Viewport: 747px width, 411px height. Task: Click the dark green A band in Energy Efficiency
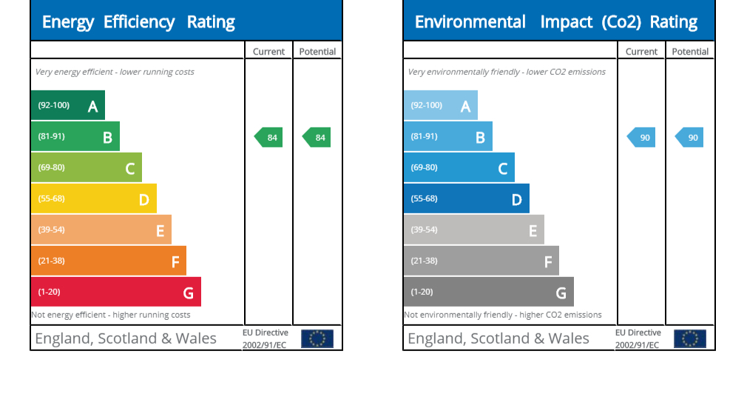[67, 105]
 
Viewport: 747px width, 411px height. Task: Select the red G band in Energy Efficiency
[115, 292]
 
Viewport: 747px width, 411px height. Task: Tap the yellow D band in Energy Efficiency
[93, 198]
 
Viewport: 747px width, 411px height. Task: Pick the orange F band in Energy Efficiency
[108, 261]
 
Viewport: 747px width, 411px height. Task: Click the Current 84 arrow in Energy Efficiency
[269, 137]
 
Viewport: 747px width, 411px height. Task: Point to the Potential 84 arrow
[317, 137]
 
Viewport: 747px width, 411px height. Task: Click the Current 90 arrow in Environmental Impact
[642, 137]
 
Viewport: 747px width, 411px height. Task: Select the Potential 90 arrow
[690, 137]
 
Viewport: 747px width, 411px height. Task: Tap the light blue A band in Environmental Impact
[440, 105]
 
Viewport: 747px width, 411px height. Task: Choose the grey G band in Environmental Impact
[488, 292]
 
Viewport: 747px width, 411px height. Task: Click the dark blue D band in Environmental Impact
[466, 198]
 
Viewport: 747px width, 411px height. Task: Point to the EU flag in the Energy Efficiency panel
[317, 338]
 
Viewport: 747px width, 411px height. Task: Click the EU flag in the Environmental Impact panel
[690, 338]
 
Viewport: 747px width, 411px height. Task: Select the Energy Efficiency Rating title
[138, 22]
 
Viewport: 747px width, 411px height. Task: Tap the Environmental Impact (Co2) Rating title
[556, 22]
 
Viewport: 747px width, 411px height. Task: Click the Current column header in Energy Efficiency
[268, 52]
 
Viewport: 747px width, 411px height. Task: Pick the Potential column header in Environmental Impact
[690, 52]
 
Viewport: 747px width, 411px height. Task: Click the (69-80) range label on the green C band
[52, 167]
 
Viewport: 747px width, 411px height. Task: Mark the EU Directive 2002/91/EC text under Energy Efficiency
[265, 339]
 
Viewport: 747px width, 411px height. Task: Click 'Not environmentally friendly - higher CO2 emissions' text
[503, 315]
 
